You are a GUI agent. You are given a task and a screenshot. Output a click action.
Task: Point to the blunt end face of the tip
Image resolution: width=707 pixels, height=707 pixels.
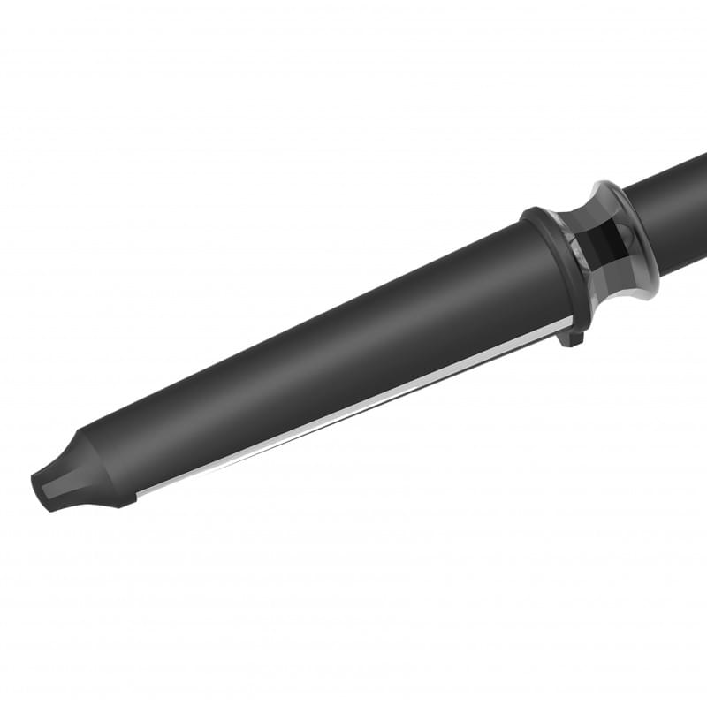click(x=37, y=491)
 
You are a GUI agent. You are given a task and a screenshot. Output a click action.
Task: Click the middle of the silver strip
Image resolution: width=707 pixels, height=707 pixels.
click(x=353, y=407)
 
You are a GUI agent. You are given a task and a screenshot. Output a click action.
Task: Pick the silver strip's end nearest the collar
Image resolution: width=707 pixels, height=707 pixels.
click(x=566, y=323)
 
